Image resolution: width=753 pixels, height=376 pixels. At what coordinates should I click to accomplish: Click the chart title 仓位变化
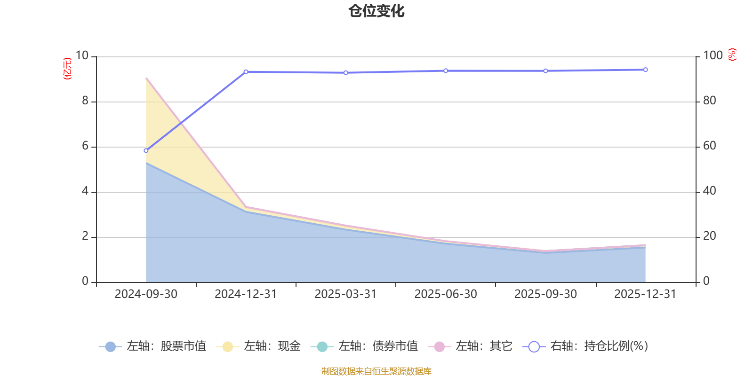click(376, 11)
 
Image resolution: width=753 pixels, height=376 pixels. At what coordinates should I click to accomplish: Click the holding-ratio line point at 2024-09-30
click(146, 151)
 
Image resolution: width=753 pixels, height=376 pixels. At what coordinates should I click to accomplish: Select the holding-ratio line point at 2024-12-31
click(246, 72)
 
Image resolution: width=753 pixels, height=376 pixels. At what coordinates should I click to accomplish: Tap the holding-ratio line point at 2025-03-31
click(346, 73)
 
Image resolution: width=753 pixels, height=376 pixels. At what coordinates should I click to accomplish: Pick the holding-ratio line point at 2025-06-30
click(446, 70)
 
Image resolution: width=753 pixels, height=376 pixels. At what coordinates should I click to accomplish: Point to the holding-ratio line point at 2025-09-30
click(545, 71)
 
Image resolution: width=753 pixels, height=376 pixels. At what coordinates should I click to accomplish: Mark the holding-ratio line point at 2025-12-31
click(645, 70)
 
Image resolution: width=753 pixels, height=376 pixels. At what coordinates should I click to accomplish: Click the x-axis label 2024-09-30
click(146, 294)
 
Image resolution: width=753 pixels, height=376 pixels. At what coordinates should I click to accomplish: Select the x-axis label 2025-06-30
click(446, 294)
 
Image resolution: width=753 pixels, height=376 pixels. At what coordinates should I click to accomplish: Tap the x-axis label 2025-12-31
click(645, 294)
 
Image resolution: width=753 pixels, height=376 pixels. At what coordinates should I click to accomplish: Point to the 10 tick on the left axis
click(82, 56)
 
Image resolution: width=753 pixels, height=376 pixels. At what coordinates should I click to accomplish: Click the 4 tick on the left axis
click(85, 191)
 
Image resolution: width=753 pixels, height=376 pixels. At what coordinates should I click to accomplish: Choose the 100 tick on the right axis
click(713, 56)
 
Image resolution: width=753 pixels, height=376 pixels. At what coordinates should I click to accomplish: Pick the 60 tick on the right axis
click(710, 146)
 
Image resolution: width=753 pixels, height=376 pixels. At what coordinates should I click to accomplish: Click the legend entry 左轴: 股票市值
click(152, 346)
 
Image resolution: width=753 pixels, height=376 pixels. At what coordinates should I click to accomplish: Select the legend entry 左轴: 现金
click(258, 346)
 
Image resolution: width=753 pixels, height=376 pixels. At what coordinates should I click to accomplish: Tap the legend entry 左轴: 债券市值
click(364, 346)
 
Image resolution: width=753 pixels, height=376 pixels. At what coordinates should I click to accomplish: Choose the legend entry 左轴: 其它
click(470, 346)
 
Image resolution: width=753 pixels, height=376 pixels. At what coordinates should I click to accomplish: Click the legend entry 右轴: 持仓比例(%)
click(585, 346)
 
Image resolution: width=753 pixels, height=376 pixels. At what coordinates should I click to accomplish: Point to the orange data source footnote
click(376, 371)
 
